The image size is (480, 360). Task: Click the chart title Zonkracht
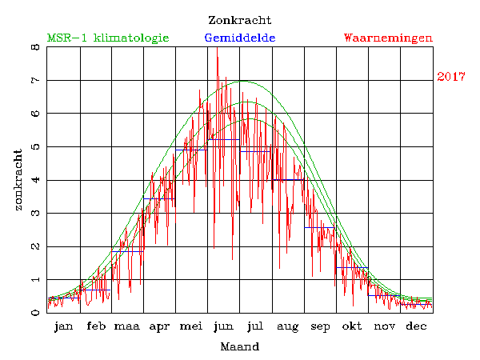point(239,20)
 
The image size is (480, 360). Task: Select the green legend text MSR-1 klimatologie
point(108,38)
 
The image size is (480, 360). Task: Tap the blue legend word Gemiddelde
point(240,38)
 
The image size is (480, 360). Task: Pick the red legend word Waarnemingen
point(388,38)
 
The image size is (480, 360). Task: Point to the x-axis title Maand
point(239,347)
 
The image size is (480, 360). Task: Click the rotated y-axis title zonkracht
point(18,179)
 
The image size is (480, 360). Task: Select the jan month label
point(63,326)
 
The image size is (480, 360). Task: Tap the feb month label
point(95,326)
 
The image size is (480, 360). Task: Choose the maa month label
point(127,326)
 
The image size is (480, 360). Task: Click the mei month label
point(191,326)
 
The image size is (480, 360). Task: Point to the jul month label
point(255,326)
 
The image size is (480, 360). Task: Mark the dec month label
point(415,326)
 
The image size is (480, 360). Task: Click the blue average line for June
point(223,139)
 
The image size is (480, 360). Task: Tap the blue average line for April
point(159,198)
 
